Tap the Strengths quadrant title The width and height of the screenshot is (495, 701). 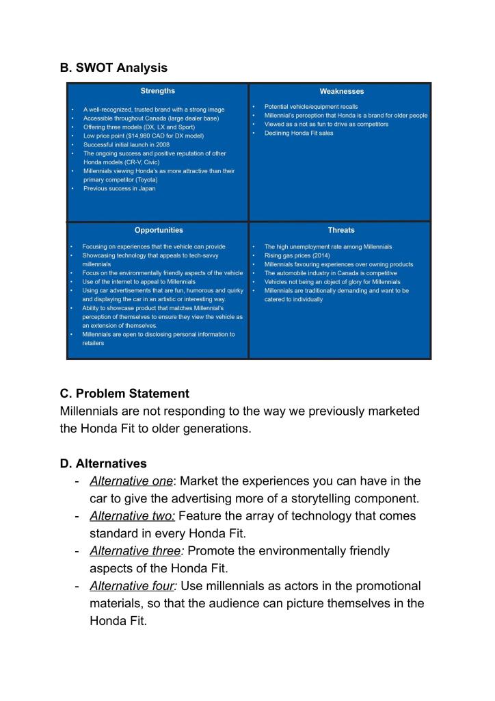point(157,91)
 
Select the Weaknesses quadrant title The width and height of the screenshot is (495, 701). point(341,91)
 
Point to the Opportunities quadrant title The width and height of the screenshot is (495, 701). point(158,230)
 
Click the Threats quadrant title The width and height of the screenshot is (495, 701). point(341,230)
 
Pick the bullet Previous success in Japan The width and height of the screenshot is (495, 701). point(119,188)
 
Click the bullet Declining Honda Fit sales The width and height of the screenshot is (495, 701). point(299,133)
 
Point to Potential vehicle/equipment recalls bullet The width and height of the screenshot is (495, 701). point(310,107)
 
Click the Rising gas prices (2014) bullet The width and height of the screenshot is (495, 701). point(297,255)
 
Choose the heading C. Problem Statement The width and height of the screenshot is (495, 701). point(124,393)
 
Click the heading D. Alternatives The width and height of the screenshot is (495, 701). point(103,463)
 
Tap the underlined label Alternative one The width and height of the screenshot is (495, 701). point(131,481)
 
